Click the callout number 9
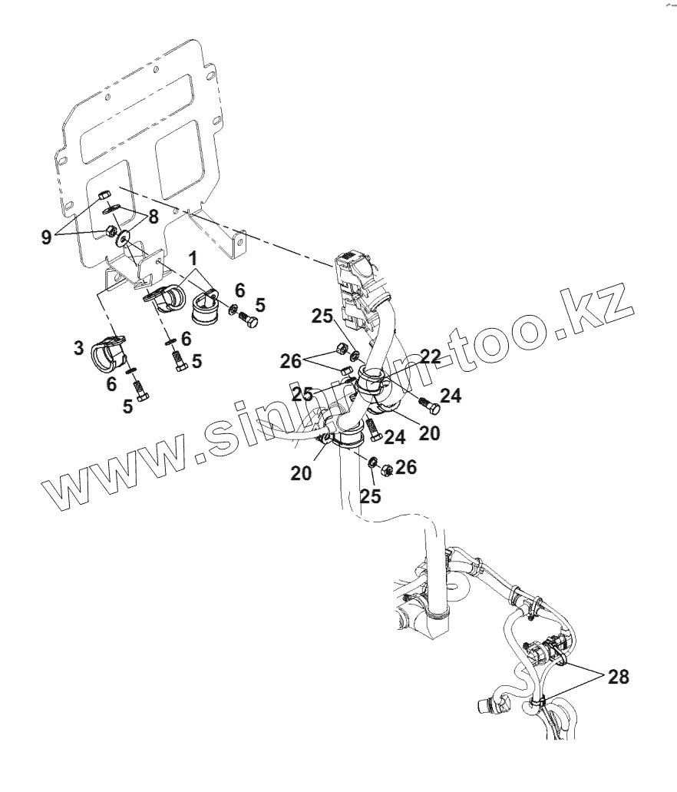click(47, 237)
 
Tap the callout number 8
click(154, 217)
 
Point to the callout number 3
click(79, 348)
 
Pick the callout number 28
click(618, 677)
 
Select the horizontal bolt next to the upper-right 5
click(247, 319)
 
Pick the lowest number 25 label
click(371, 497)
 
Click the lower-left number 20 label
click(301, 474)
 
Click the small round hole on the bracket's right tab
click(239, 244)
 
